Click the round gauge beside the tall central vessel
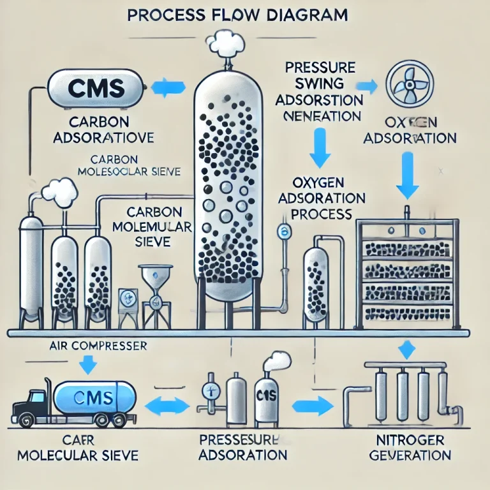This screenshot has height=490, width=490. click(x=283, y=231)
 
